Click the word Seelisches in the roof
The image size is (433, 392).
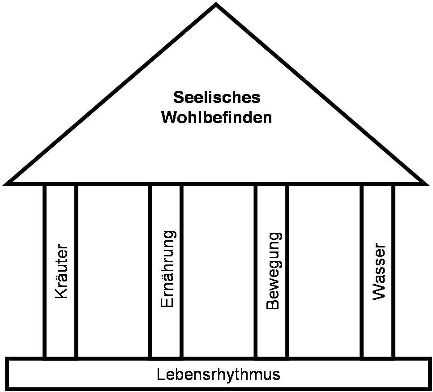(x=217, y=97)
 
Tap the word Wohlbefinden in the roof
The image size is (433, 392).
(x=217, y=118)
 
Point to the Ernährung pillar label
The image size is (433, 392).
(x=167, y=268)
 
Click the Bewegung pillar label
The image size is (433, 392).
(x=273, y=271)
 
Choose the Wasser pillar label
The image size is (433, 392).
(x=378, y=271)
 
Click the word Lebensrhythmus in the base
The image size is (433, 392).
(x=219, y=374)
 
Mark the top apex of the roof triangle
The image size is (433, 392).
(x=216, y=5)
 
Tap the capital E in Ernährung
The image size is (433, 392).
(x=167, y=302)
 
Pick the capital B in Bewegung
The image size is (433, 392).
(x=273, y=304)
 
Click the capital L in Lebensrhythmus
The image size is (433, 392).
(x=161, y=374)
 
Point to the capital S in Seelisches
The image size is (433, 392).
(x=178, y=97)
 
